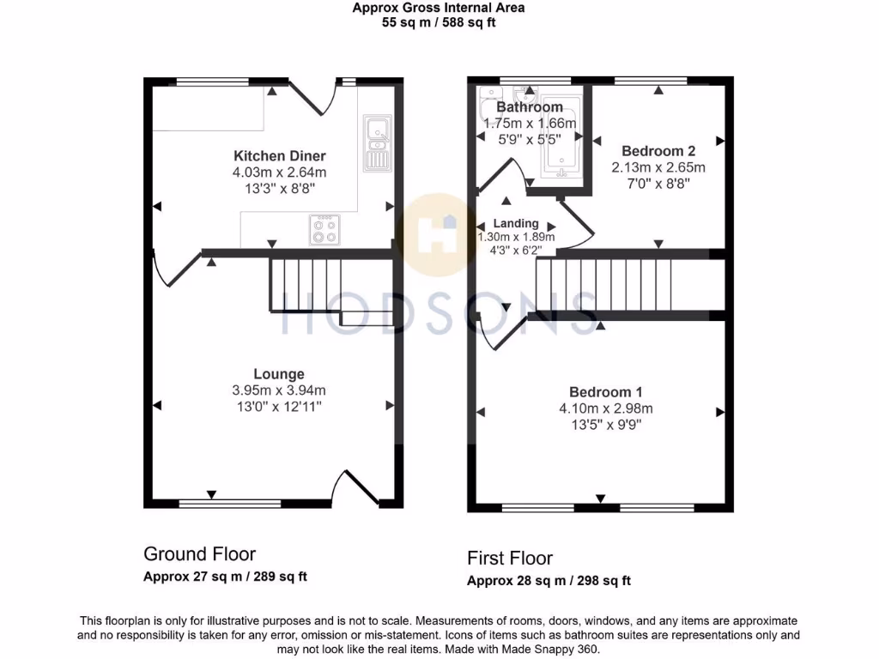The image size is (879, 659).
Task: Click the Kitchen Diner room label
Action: point(280,156)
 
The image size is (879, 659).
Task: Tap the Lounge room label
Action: point(278,374)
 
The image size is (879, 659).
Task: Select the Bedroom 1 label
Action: point(600,392)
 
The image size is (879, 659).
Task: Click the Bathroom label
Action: point(530,107)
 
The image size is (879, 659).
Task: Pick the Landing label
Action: point(516,223)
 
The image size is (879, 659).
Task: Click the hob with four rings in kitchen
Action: point(324,229)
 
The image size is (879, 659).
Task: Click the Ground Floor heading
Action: point(199,554)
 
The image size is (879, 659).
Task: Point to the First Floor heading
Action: point(510,559)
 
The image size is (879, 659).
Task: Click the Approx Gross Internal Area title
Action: point(439,9)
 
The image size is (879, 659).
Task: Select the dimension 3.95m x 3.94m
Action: point(278,390)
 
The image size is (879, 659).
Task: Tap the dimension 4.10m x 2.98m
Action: point(600,408)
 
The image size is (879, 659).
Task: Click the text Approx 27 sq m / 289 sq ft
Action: point(225,577)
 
